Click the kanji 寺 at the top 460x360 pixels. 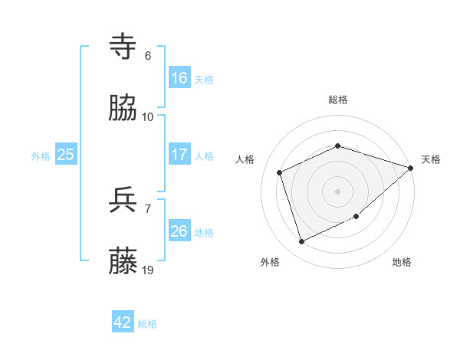click(x=123, y=47)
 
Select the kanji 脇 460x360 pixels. click(x=123, y=110)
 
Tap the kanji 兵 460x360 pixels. click(x=123, y=201)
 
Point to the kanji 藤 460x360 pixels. click(x=123, y=263)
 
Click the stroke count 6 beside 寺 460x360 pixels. click(x=148, y=56)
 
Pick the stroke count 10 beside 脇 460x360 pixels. click(x=148, y=117)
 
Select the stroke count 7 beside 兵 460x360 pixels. click(x=148, y=208)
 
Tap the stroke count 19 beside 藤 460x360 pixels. click(x=148, y=270)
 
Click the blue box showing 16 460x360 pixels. click(x=179, y=78)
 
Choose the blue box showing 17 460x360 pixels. click(x=179, y=155)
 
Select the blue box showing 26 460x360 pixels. click(x=179, y=231)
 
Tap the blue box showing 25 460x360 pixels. click(x=66, y=155)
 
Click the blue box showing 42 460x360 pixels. click(x=123, y=322)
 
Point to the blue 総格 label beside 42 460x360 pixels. click(x=148, y=324)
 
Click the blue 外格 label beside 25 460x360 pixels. click(x=41, y=156)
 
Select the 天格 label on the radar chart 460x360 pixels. click(x=431, y=159)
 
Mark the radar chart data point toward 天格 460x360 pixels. click(x=411, y=168)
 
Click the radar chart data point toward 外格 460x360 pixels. click(x=302, y=242)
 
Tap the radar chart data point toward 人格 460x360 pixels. click(x=280, y=172)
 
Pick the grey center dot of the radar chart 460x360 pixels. click(x=337, y=191)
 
